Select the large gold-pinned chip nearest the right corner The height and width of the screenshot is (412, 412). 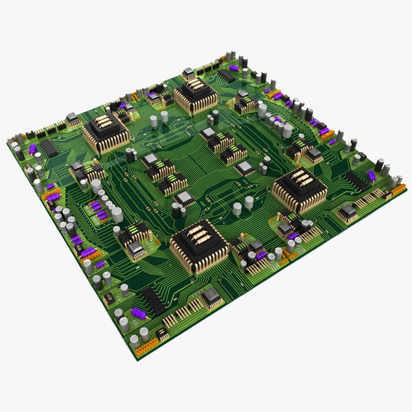pyautogui.click(x=299, y=188)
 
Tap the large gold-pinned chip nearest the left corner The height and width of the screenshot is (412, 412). pyautogui.click(x=106, y=133)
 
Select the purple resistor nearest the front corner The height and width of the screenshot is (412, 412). pyautogui.click(x=138, y=314)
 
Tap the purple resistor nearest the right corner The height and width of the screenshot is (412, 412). pyautogui.click(x=371, y=176)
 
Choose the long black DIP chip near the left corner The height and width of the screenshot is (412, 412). pyautogui.click(x=49, y=148)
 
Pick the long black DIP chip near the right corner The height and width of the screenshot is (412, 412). pyautogui.click(x=356, y=181)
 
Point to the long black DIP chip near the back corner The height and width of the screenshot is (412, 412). pyautogui.click(x=227, y=75)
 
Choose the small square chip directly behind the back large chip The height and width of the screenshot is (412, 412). pyautogui.click(x=189, y=72)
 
